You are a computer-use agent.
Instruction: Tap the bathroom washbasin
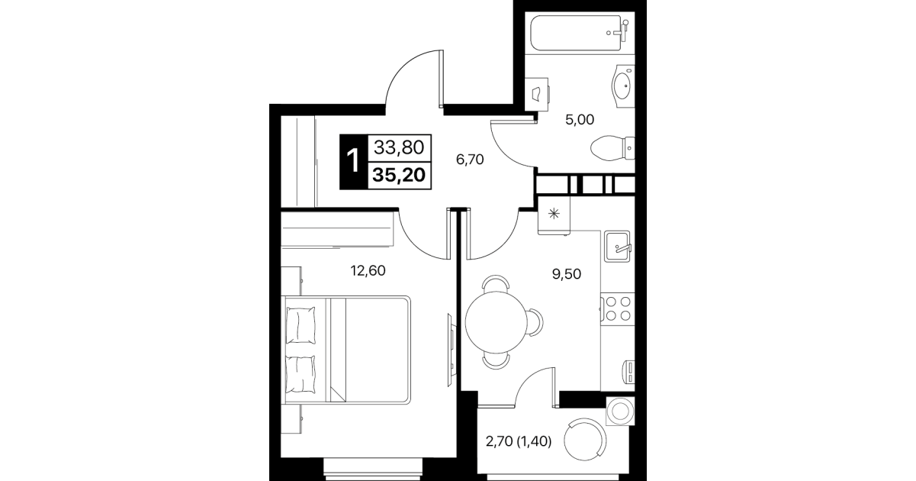tap(623, 86)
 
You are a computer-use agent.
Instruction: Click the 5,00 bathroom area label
tap(580, 120)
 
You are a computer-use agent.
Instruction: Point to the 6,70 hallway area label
tap(470, 160)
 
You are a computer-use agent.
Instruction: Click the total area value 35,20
tap(399, 175)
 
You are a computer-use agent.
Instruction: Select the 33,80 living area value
tap(399, 147)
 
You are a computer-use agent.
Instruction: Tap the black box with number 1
tap(354, 162)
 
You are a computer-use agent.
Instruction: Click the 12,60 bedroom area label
tap(368, 270)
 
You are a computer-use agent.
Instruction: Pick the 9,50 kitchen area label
tap(567, 274)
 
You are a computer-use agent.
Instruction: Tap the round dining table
tap(496, 321)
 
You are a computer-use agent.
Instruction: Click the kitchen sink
tap(617, 246)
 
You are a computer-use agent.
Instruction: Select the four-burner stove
tap(618, 308)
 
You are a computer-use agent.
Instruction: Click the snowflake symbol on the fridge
tap(554, 213)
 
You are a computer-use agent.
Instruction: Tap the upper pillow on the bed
tap(301, 326)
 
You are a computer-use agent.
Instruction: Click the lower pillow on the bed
tap(301, 375)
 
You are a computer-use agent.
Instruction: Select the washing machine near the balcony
tap(620, 411)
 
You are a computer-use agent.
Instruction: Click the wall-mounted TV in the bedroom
tap(451, 349)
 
